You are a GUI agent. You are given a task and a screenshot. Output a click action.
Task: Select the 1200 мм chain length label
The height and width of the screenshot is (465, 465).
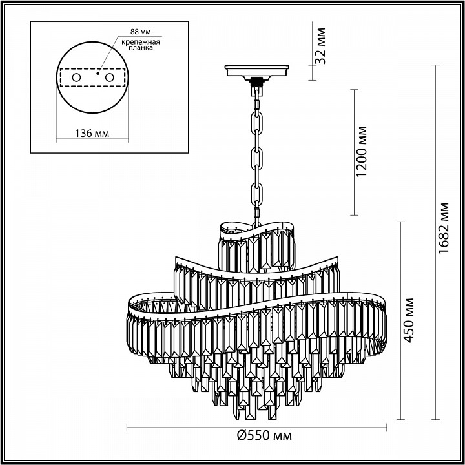[362, 152]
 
